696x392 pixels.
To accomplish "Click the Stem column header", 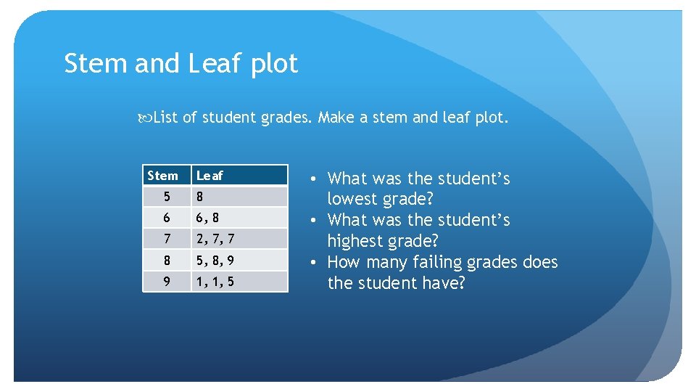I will tap(162, 176).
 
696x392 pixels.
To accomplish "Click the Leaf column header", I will tap(210, 176).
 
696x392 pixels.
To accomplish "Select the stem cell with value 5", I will tap(167, 197).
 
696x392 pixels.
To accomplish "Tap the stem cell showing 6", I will tap(167, 218).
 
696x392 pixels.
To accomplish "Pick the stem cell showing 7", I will tap(167, 239).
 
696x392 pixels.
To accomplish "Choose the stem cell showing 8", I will tap(167, 260).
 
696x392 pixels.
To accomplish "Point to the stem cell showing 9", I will tap(167, 281).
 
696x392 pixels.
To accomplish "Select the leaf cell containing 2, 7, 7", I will tap(215, 239).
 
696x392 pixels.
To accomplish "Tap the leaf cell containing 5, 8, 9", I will tap(215, 260).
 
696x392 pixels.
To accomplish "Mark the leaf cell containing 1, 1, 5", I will tap(215, 281).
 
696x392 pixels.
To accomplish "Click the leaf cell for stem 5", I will tap(201, 197).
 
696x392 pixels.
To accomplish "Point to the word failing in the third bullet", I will tap(454, 263).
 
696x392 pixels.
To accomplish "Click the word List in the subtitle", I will tap(166, 118).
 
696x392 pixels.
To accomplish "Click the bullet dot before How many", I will tap(310, 262).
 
